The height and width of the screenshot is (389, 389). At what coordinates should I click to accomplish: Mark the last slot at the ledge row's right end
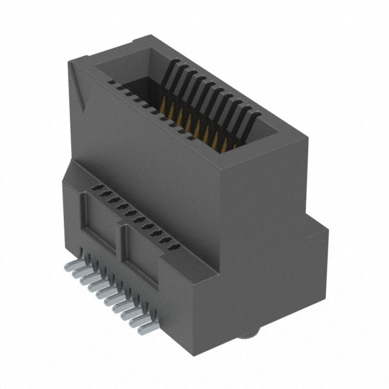(x=176, y=247)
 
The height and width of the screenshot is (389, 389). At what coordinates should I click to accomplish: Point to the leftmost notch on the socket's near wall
(x=111, y=81)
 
